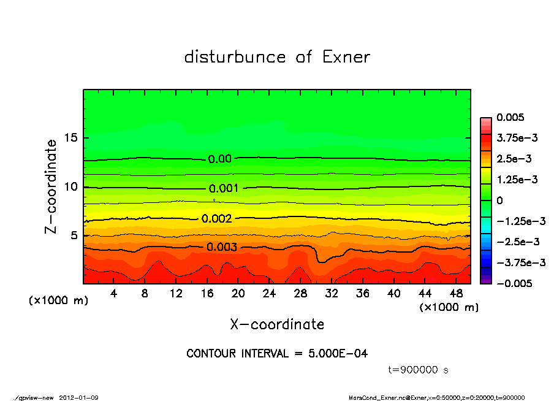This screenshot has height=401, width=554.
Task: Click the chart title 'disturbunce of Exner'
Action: (277, 57)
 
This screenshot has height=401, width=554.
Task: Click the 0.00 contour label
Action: (219, 159)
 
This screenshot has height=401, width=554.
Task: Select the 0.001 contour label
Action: (224, 189)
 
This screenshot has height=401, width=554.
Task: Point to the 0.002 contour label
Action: (216, 218)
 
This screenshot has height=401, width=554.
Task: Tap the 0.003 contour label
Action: (222, 247)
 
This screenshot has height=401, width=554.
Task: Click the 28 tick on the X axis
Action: (300, 294)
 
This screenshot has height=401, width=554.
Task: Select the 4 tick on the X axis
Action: (114, 294)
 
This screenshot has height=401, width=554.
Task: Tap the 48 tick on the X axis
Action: (456, 294)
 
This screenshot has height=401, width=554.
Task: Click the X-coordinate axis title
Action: (277, 324)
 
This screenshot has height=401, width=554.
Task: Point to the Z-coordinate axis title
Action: (51, 186)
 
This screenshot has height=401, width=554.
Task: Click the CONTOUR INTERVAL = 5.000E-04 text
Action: (277, 354)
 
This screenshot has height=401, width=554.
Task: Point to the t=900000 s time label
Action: (420, 370)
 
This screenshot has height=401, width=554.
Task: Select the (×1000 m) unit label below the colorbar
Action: (449, 307)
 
